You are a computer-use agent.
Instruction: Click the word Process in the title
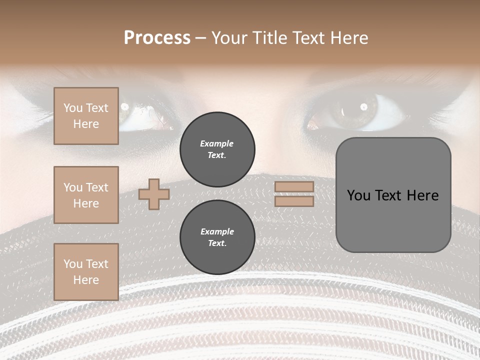pos(157,38)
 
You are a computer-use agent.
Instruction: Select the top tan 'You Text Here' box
pos(86,116)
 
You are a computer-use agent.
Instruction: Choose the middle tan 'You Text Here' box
pos(86,195)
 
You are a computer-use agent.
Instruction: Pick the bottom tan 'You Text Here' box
pos(86,272)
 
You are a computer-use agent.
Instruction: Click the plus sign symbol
pos(153,194)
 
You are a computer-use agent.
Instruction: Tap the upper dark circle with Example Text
pos(217,149)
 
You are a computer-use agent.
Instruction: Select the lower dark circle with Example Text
pos(217,237)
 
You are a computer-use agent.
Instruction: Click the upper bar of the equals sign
pos(294,186)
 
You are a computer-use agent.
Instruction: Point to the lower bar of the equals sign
pos(294,201)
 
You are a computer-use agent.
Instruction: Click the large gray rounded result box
pos(393,195)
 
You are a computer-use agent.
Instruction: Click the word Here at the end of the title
pos(348,38)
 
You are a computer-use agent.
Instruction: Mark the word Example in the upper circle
pos(217,143)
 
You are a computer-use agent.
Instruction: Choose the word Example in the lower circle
pos(217,231)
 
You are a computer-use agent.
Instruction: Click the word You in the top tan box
pos(73,108)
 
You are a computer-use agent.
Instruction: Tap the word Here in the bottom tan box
pos(86,280)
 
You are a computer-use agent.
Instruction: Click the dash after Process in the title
pos(201,38)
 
